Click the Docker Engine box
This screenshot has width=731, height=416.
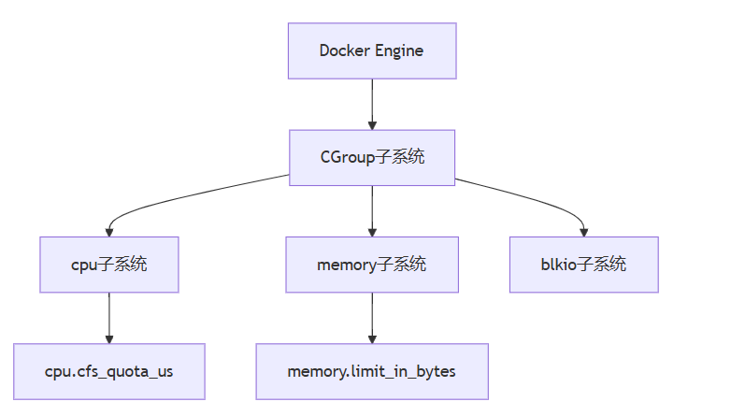371,50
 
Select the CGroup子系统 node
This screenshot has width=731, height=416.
371,157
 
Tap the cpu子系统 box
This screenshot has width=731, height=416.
109,265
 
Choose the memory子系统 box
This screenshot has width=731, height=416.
371,265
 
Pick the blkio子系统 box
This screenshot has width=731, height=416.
584,265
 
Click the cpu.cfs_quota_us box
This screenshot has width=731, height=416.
109,371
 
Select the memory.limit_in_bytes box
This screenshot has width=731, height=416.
371,371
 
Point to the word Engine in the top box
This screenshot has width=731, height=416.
399,50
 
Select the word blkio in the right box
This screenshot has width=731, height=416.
558,265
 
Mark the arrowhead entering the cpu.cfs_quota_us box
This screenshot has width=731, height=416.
109,337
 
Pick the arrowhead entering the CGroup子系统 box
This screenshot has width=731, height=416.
372,124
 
